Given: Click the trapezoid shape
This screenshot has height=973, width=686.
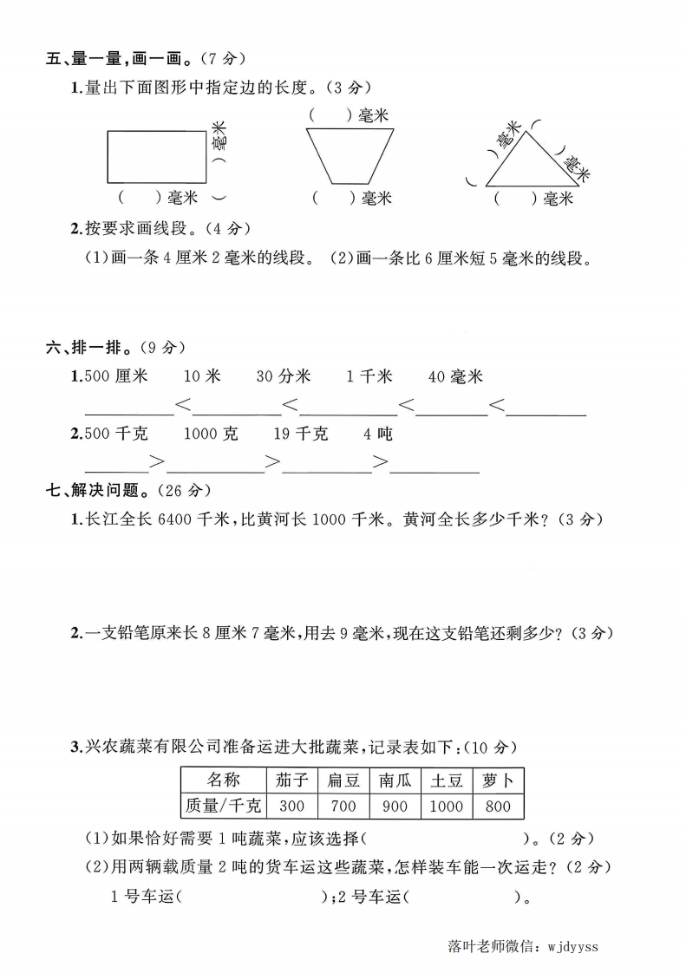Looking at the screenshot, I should (x=350, y=156).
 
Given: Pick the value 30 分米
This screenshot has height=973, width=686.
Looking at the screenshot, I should (x=284, y=376).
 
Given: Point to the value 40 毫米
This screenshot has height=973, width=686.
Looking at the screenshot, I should (x=456, y=376).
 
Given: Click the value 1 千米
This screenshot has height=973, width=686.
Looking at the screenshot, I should (x=369, y=376).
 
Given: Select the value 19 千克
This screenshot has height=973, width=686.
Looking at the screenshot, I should (x=301, y=434).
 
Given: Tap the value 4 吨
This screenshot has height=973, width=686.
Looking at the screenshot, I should (x=378, y=434).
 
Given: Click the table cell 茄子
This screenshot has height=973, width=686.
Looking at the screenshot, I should (x=293, y=780).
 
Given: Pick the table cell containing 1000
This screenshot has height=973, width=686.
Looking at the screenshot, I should (x=447, y=806).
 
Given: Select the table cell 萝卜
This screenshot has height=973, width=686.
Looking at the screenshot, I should (x=499, y=780).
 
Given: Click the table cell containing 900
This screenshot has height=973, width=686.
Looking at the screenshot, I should (x=395, y=806).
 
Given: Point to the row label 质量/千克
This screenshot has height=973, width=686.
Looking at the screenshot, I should (x=223, y=806).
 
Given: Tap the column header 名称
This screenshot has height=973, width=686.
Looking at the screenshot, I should (x=223, y=780).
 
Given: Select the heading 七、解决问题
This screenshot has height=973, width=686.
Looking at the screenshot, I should (x=104, y=490).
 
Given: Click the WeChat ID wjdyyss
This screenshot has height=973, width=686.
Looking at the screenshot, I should (x=572, y=946).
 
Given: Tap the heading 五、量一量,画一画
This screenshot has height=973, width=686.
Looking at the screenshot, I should (x=118, y=59).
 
